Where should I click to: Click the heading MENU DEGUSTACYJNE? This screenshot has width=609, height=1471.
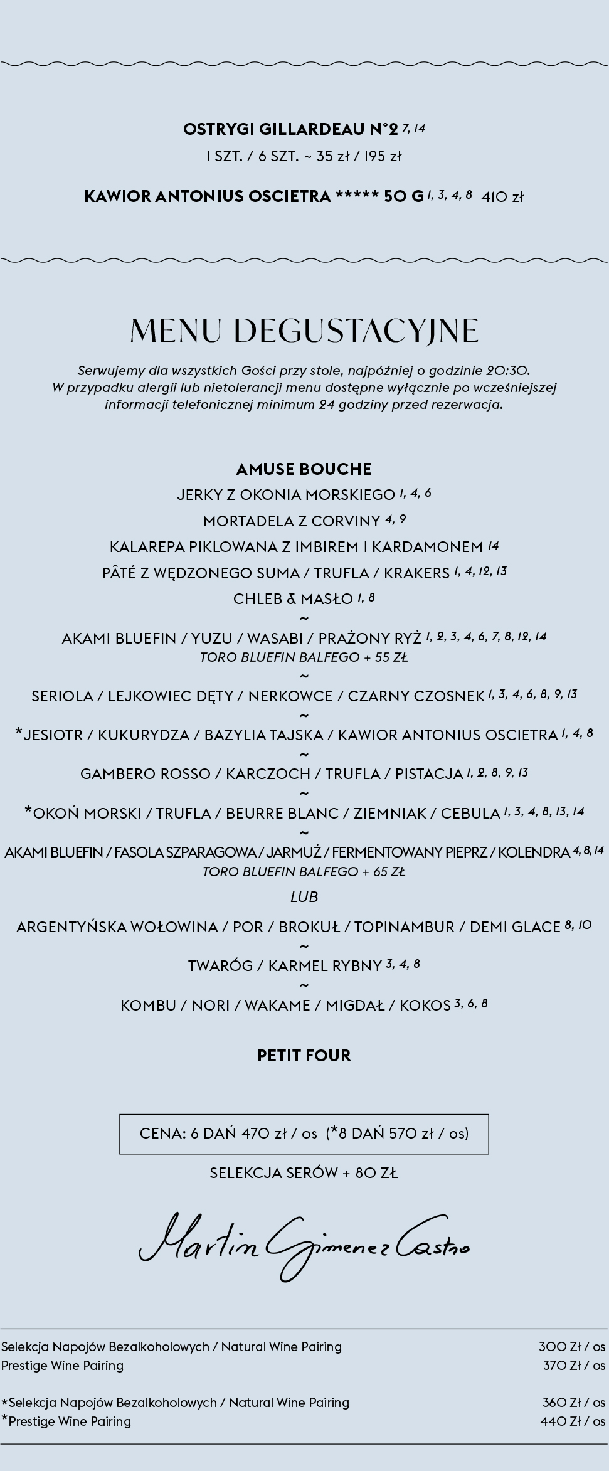pyautogui.click(x=304, y=331)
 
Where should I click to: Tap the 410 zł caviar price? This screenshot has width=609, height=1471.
pyautogui.click(x=502, y=197)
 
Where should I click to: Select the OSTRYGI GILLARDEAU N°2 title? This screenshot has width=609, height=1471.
pyautogui.click(x=290, y=129)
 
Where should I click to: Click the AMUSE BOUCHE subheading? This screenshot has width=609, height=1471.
pyautogui.click(x=304, y=469)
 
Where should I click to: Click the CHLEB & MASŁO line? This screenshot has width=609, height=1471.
pyautogui.click(x=293, y=599)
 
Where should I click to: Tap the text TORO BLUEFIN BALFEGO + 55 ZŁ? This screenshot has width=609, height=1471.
pyautogui.click(x=304, y=658)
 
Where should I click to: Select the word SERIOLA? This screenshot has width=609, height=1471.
pyautogui.click(x=61, y=696)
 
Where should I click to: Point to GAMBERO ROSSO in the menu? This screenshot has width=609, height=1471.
pyautogui.click(x=145, y=774)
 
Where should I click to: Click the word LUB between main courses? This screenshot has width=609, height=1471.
pyautogui.click(x=304, y=897)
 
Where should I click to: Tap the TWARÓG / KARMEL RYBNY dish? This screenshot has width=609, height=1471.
pyautogui.click(x=285, y=966)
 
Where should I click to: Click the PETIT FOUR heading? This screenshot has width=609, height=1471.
pyautogui.click(x=304, y=1056)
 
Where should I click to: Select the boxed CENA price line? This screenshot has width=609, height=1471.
pyautogui.click(x=304, y=1134)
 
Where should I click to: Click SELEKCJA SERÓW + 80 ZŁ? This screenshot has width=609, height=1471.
pyautogui.click(x=304, y=1173)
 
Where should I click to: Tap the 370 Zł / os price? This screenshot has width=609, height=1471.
pyautogui.click(x=574, y=1366)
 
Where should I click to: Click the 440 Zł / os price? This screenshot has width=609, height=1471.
pyautogui.click(x=573, y=1421)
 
